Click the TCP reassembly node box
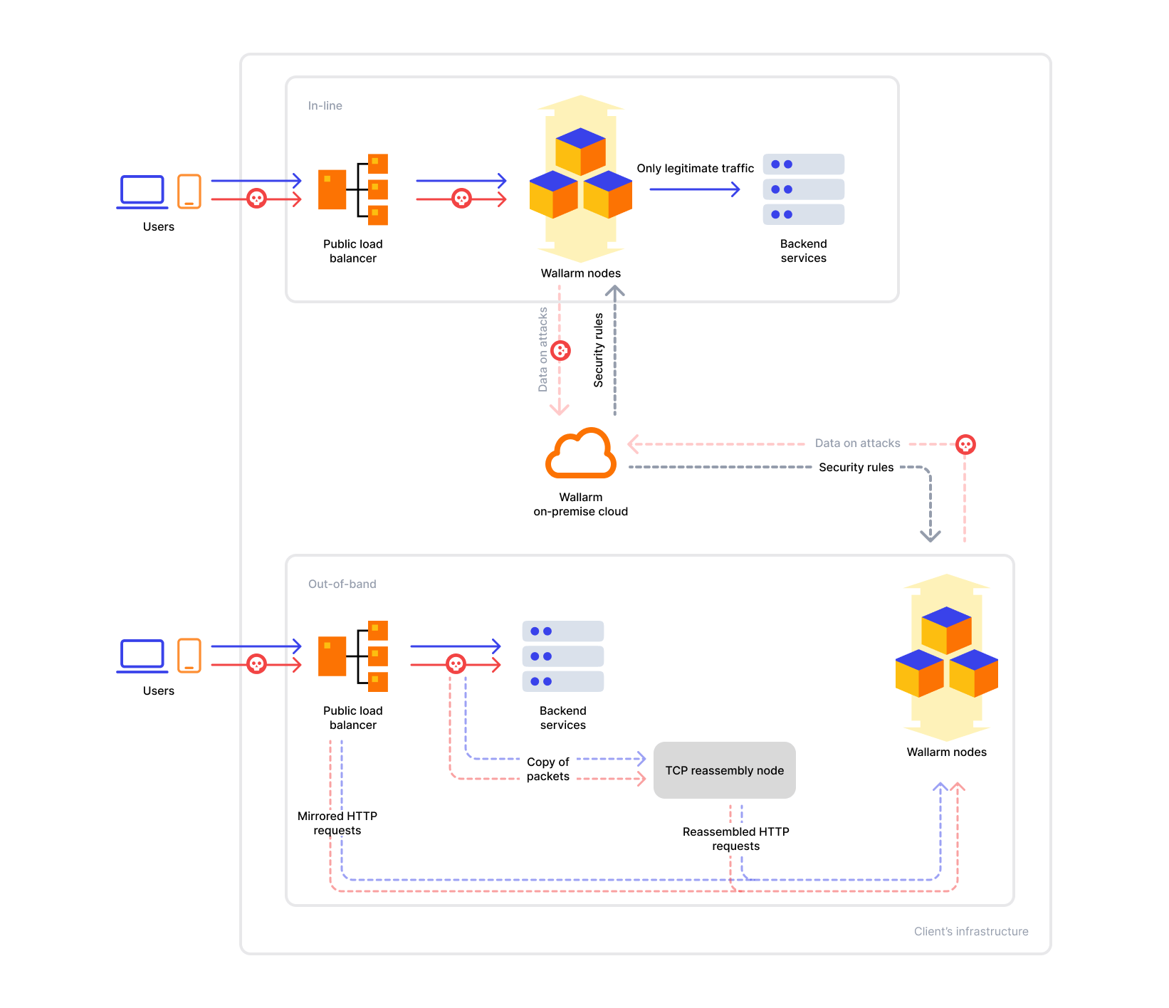click(724, 770)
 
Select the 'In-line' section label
click(325, 106)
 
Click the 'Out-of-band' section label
click(342, 584)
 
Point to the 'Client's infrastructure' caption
click(970, 931)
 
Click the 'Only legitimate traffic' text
click(695, 168)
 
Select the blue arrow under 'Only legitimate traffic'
click(694, 189)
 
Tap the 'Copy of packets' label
click(547, 769)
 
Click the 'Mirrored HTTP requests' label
click(337, 823)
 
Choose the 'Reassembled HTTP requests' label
click(735, 839)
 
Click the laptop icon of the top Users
click(142, 191)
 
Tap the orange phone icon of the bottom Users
click(189, 656)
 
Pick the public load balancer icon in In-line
click(353, 189)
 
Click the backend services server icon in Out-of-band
click(562, 656)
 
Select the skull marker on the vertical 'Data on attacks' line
click(561, 350)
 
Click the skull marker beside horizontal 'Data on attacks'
click(965, 444)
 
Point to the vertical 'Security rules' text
click(599, 350)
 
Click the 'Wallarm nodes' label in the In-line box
click(580, 273)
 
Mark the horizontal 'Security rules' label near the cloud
click(856, 468)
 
